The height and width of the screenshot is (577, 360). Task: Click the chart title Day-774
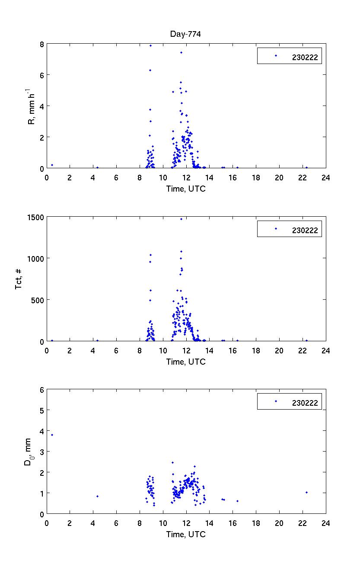click(186, 34)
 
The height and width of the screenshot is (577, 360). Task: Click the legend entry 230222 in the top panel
click(305, 57)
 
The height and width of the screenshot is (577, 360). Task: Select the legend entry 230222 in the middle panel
click(305, 230)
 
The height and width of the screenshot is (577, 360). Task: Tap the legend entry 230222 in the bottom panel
click(305, 403)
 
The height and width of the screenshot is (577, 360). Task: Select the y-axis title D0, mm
click(29, 452)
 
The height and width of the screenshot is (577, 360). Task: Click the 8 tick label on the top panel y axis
click(41, 44)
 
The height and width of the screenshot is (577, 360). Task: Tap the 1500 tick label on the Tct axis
click(36, 217)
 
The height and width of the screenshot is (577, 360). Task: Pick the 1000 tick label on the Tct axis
click(36, 259)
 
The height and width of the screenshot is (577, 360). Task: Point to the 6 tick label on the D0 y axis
click(41, 390)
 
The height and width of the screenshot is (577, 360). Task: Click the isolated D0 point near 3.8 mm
click(52, 435)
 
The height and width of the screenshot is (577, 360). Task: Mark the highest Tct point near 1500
click(181, 219)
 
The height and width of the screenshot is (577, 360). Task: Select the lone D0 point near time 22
click(306, 492)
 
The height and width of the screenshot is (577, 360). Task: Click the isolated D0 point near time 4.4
click(97, 496)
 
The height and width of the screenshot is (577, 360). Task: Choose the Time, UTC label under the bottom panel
click(186, 534)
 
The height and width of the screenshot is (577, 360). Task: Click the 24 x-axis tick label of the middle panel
click(325, 350)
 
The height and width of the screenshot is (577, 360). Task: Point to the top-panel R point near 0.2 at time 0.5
click(52, 165)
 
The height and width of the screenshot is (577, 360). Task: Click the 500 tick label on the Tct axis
click(38, 300)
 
